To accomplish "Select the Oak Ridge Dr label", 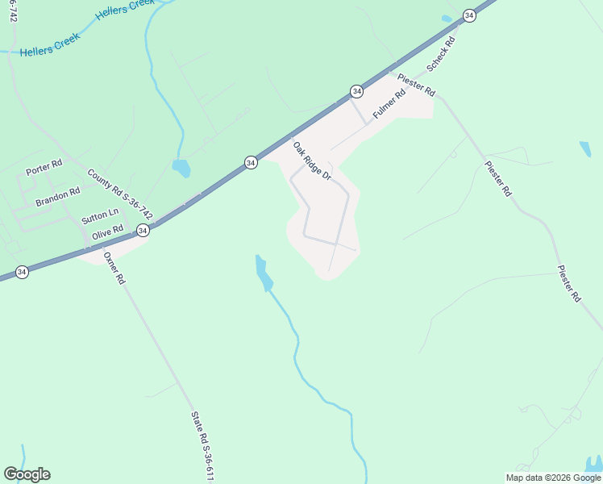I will pos(311,161).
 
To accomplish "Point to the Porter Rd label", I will pos(44,168).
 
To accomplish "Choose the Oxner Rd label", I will pos(114,269).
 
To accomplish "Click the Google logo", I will pos(27,474).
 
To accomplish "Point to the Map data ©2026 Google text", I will pos(554,478).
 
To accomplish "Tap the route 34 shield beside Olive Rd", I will pos(143,231).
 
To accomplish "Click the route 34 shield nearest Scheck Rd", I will pos(469,15).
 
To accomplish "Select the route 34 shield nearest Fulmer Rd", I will pos(356,90).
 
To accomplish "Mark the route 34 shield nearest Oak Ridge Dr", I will pos(251,162).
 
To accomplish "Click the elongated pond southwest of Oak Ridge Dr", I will pos(263,273).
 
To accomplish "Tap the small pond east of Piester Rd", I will pos(584,149).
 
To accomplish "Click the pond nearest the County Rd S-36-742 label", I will pos(181,168).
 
